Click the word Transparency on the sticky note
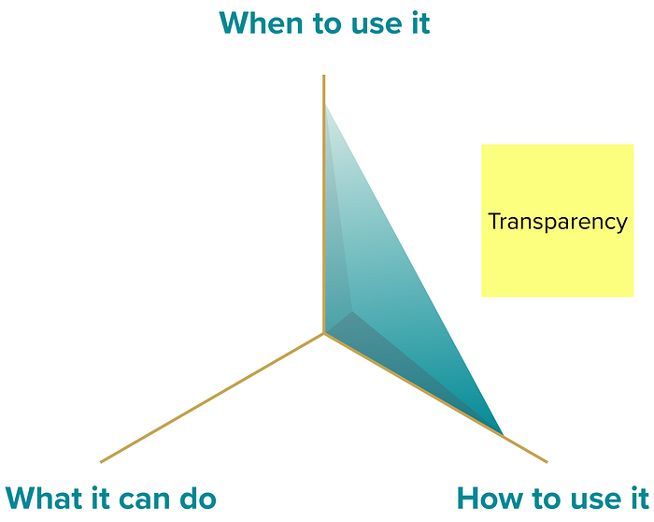pos(557,222)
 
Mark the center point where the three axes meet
pos(324,333)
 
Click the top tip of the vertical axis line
pos(324,75)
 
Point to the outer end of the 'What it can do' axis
pos(101,461)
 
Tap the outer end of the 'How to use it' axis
pos(547,461)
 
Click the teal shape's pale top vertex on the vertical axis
pos(325,106)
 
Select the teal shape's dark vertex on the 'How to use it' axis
pos(502,435)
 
